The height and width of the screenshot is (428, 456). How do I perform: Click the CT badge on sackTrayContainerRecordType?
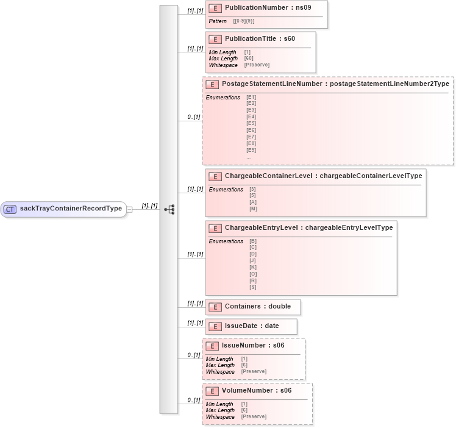(x=10, y=209)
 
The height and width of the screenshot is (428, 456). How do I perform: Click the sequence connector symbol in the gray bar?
(x=169, y=209)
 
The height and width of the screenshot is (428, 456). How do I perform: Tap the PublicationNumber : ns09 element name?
(x=268, y=9)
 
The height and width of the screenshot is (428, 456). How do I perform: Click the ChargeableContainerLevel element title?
(x=323, y=176)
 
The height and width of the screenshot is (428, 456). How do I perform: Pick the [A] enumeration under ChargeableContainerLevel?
(x=253, y=202)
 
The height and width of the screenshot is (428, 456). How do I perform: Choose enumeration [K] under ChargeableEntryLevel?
(x=253, y=267)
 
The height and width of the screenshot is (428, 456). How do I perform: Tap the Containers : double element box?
(x=253, y=307)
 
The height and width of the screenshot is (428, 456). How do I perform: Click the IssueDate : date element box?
(x=251, y=326)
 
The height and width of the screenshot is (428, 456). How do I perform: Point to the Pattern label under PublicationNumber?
(x=218, y=21)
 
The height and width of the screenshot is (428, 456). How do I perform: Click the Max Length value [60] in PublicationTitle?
(x=249, y=59)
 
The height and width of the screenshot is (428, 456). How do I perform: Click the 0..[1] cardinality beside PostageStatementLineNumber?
(x=193, y=116)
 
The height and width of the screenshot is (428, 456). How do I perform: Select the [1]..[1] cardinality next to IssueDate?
(x=195, y=323)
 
